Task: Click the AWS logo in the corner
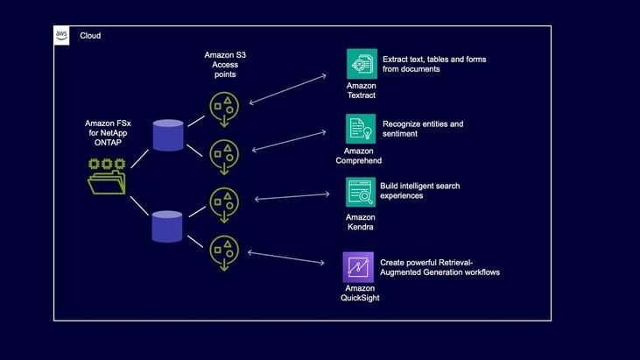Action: click(62, 35)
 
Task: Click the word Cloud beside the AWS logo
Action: click(90, 36)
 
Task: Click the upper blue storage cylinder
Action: click(168, 136)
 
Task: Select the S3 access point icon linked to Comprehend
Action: click(224, 156)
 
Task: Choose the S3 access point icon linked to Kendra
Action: click(224, 204)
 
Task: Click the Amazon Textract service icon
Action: click(362, 64)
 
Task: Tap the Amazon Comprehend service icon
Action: click(361, 129)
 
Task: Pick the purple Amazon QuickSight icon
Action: click(359, 266)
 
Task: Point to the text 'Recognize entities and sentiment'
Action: click(423, 130)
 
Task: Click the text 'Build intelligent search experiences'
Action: click(419, 191)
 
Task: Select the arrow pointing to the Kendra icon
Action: click(298, 197)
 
